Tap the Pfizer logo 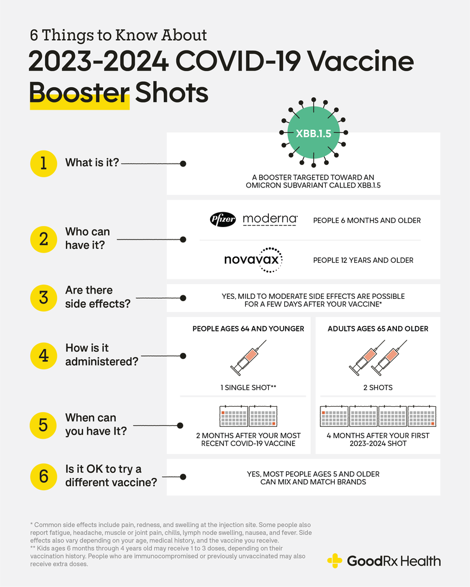(223, 219)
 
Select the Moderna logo (270, 219)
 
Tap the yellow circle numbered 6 (43, 476)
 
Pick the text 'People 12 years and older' (363, 260)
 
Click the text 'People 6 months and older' (367, 221)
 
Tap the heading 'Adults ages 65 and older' (378, 328)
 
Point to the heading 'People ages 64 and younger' (248, 328)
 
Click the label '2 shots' (377, 387)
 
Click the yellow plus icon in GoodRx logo (335, 560)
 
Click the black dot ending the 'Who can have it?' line (183, 240)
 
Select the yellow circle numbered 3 (43, 296)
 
